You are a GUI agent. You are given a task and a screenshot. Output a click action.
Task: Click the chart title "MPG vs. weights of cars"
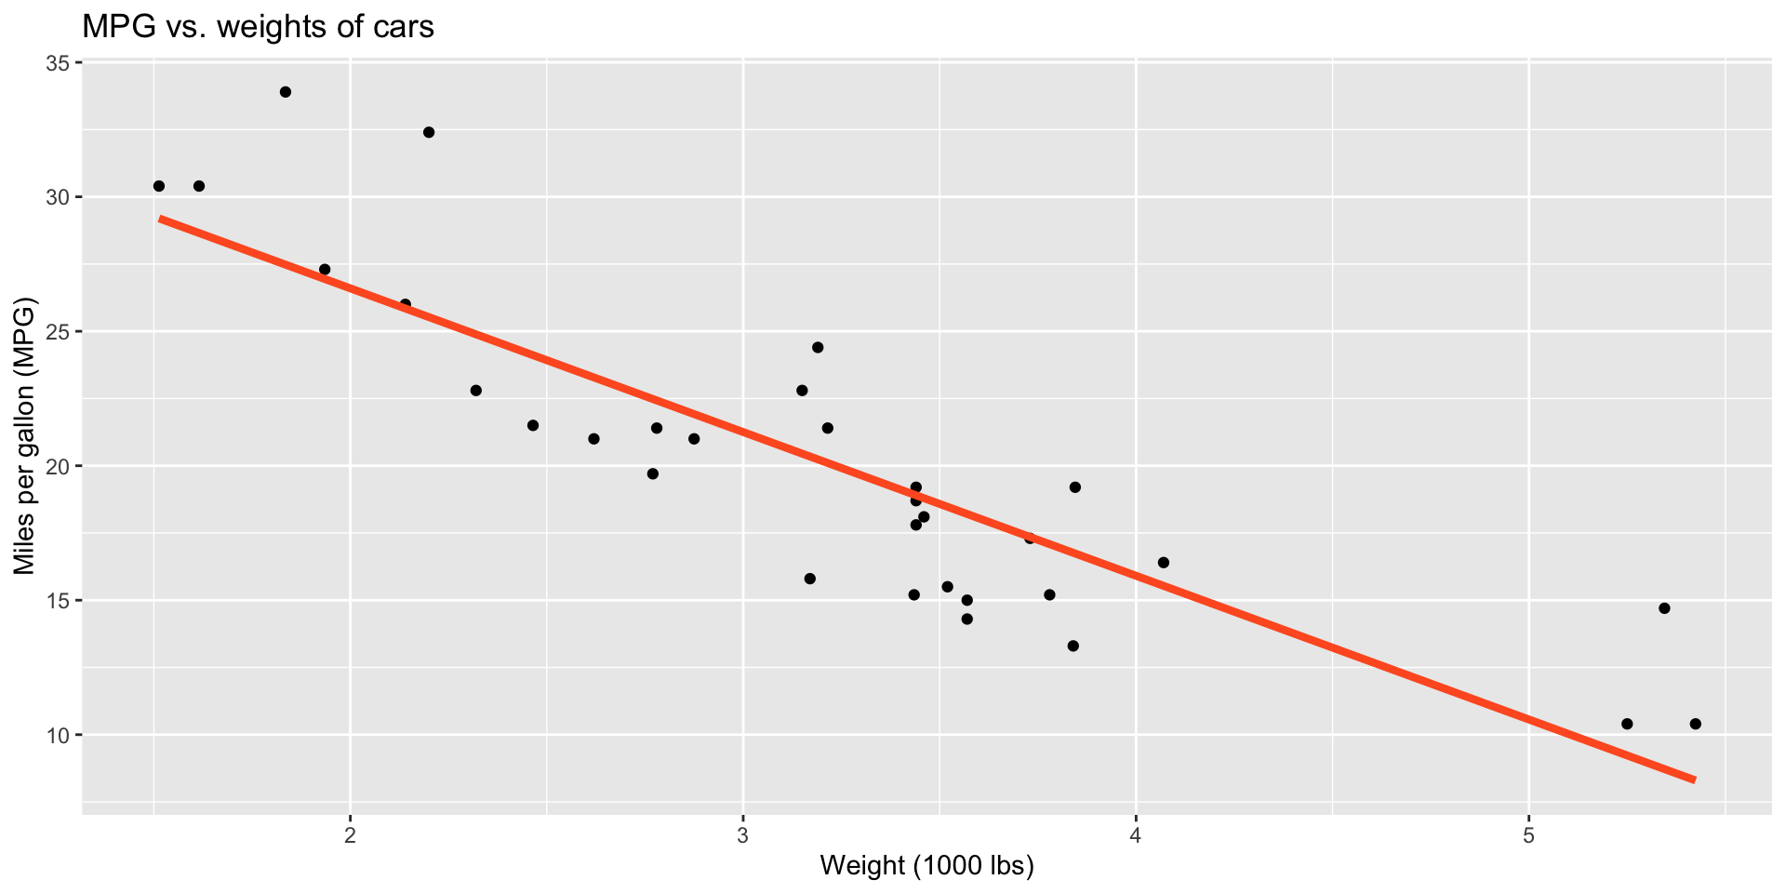pos(258,27)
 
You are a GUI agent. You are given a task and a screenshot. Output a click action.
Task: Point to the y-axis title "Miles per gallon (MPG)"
pos(24,436)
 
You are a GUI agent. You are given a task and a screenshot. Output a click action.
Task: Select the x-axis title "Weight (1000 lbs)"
pos(926,866)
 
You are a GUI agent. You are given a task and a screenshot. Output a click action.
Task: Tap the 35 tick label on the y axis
pos(59,63)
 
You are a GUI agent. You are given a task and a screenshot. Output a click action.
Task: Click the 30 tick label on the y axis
pos(59,197)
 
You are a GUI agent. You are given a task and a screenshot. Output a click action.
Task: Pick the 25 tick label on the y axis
pos(59,332)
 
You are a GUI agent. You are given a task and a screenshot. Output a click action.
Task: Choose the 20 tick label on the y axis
pos(59,466)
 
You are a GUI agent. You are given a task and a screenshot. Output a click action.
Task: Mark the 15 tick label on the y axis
pos(59,601)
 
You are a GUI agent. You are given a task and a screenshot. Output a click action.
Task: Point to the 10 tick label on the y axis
pos(59,735)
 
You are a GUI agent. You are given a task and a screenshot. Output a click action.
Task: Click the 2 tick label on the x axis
pos(351,833)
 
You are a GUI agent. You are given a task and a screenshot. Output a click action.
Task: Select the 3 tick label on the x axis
pos(743,833)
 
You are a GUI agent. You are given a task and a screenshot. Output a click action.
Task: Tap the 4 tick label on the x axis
pos(1136,833)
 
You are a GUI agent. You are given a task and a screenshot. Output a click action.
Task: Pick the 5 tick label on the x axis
pos(1528,833)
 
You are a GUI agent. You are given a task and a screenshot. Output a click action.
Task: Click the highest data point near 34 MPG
pos(286,92)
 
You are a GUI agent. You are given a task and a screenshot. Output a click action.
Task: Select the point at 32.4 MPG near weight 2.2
pos(429,132)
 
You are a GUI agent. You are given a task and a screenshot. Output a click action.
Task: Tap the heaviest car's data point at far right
pos(1695,724)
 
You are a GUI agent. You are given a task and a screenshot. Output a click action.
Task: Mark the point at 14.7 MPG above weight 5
pos(1664,608)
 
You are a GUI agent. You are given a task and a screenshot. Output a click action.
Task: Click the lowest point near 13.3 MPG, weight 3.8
pos(1073,646)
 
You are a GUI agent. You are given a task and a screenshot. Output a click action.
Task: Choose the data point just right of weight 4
pos(1163,562)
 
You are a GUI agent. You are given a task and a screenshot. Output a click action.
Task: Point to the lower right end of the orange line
pos(1694,780)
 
